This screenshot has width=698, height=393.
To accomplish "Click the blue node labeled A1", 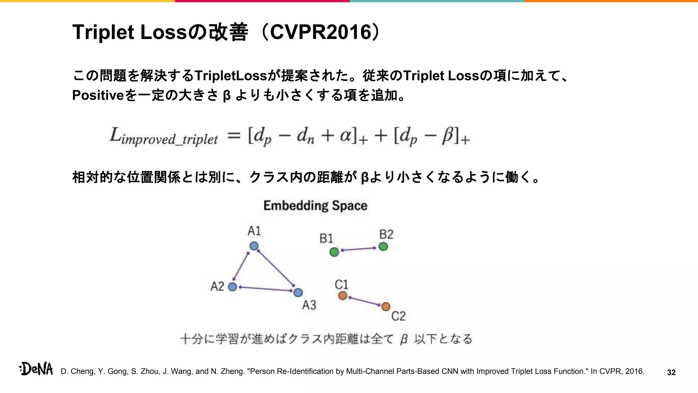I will (254, 246).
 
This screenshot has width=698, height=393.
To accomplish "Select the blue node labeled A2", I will (232, 287).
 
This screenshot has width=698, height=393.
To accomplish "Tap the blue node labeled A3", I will (298, 293).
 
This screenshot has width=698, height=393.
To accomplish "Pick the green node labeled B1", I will (334, 252).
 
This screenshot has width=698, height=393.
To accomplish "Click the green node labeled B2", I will (383, 247).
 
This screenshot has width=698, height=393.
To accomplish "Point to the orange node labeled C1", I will (343, 296).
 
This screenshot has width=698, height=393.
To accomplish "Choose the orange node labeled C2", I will (385, 307).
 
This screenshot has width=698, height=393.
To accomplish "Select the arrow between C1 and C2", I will (364, 301).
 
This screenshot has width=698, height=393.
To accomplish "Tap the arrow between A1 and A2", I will (241, 266).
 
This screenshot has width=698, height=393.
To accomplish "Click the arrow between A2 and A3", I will (266, 289).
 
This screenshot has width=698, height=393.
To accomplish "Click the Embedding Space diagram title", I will (315, 206).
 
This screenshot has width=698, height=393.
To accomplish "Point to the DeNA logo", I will (36, 369).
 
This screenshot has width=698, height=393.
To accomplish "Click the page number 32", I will (671, 373).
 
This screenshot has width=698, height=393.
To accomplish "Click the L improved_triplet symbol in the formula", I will (164, 136).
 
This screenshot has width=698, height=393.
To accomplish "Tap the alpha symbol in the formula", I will (346, 135).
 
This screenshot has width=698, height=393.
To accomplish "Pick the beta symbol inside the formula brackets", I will (448, 135).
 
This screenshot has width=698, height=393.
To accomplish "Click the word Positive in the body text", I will (98, 95).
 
